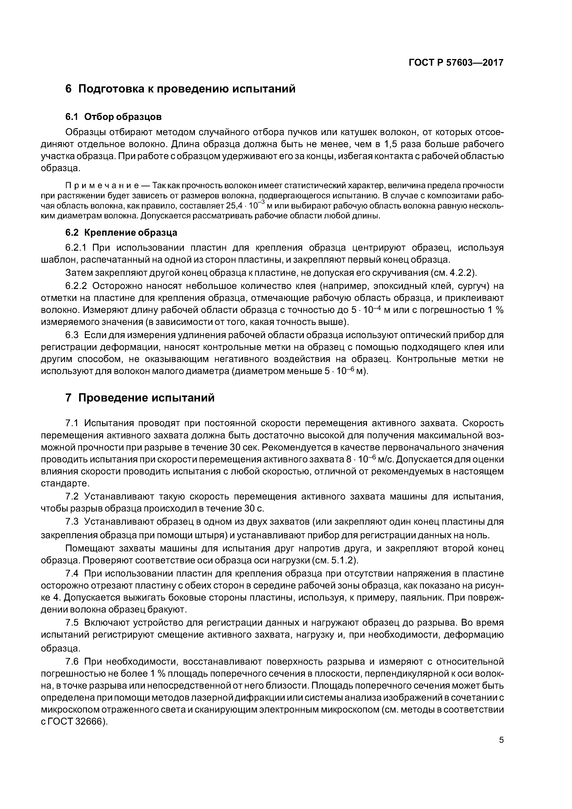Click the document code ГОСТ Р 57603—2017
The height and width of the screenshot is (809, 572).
point(456,63)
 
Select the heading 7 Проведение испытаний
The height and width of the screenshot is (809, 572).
point(140,398)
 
